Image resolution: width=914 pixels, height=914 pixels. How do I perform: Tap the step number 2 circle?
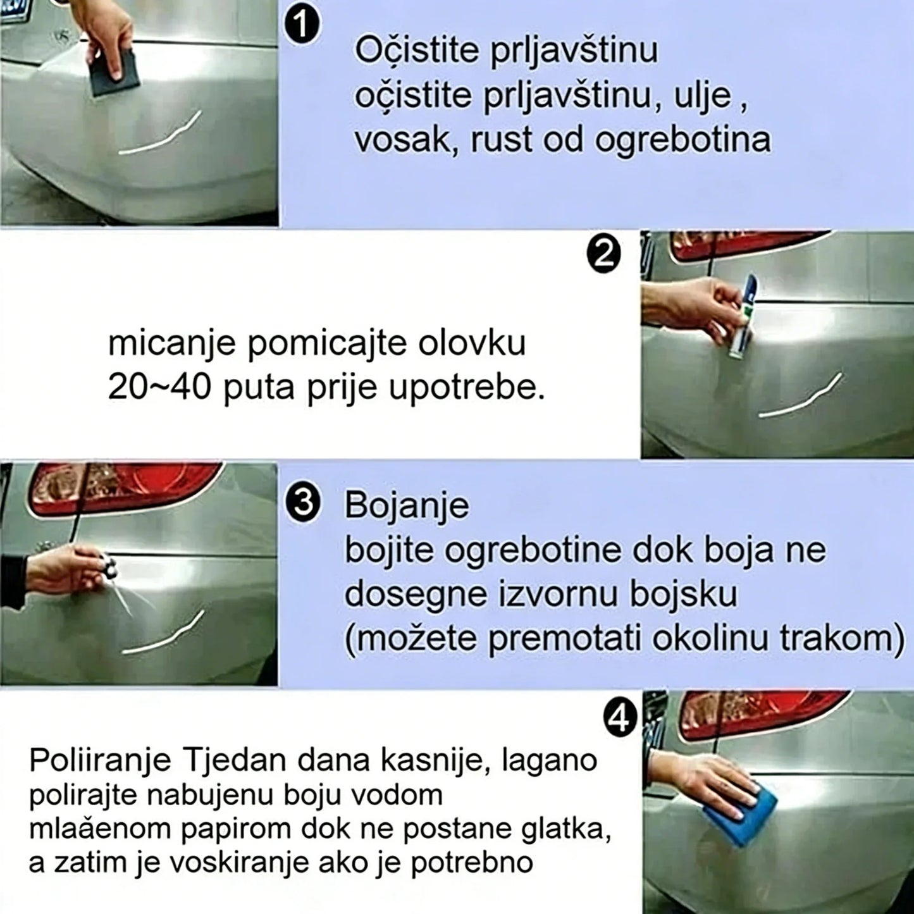pos(604,256)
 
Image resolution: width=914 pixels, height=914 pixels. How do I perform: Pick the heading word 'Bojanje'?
pos(407,507)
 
